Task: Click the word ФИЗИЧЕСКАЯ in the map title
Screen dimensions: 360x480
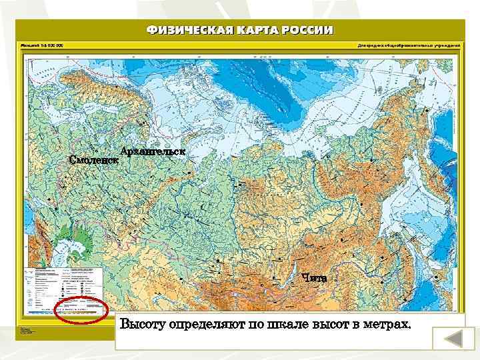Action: click(187, 30)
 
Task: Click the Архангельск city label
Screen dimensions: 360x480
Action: click(153, 151)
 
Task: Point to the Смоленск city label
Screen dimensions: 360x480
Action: click(94, 160)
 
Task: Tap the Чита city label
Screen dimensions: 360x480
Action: click(314, 277)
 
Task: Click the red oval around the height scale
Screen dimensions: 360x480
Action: click(81, 311)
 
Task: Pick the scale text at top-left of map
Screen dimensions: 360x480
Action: click(41, 46)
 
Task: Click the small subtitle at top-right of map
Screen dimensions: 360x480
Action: click(409, 46)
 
